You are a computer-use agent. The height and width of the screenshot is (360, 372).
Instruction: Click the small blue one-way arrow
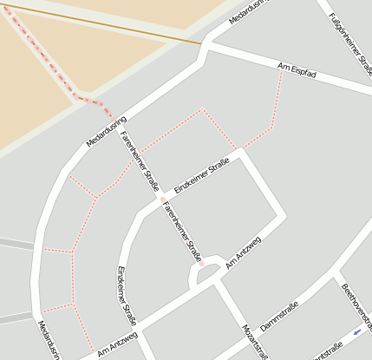pyautogui.click(x=358, y=332)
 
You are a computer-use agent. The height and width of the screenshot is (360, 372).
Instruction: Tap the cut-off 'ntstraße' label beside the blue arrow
pyautogui.click(x=325, y=352)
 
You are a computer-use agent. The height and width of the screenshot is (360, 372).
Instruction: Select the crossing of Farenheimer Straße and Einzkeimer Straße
pyautogui.click(x=161, y=200)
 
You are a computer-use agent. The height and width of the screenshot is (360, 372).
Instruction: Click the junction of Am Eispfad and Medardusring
pyautogui.click(x=206, y=44)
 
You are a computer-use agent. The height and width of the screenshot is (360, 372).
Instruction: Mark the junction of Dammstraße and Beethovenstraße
pyautogui.click(x=334, y=275)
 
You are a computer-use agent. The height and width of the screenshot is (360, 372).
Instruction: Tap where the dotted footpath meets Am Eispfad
pyautogui.click(x=282, y=71)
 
